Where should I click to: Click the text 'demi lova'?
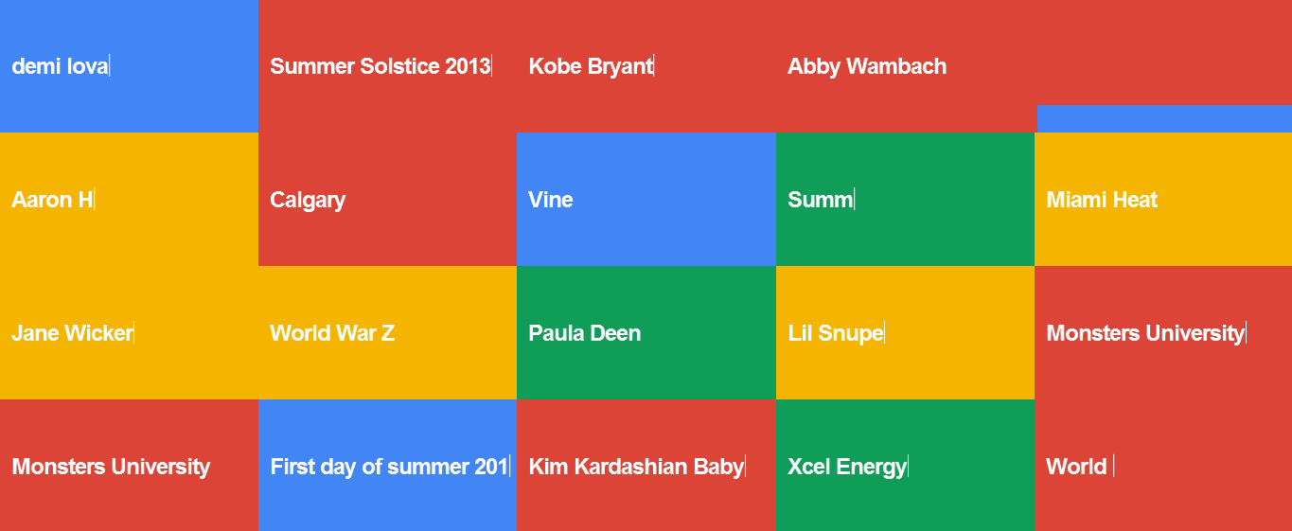point(60,66)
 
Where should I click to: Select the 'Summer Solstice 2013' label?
point(381,66)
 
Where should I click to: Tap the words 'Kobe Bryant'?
point(591,67)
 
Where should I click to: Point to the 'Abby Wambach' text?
point(867,67)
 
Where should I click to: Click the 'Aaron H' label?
point(52,200)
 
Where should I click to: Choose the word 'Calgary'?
point(308,201)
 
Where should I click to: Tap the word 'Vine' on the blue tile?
point(551,200)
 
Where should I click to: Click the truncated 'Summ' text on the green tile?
point(821,200)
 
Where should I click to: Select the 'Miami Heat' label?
point(1102,200)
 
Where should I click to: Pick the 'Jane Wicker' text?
point(73,332)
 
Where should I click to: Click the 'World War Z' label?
point(332,332)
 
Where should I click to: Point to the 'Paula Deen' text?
point(585,332)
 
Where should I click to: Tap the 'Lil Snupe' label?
point(836,333)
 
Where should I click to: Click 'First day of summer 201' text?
point(389,467)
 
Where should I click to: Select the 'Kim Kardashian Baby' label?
point(637,467)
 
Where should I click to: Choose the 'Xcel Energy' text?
point(847,467)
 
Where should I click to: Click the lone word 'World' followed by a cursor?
point(1076,467)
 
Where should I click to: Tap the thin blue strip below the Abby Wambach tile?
point(1164,118)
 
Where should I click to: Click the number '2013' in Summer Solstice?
point(468,66)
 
